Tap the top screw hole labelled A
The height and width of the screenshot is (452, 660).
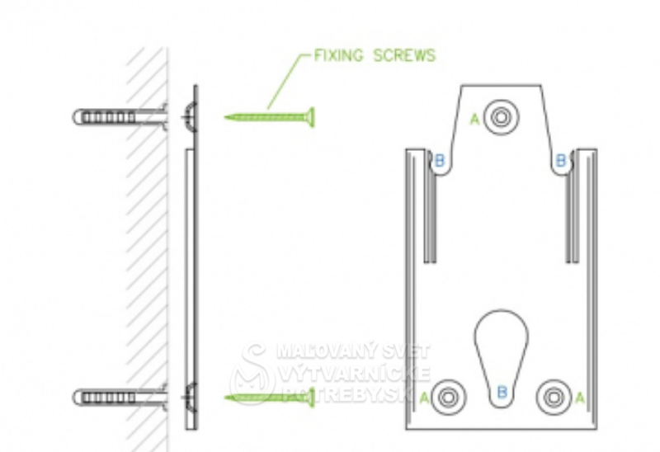pyautogui.click(x=500, y=117)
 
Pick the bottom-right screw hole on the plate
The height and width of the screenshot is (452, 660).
pyautogui.click(x=552, y=397)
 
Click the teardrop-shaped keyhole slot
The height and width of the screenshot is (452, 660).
pyautogui.click(x=501, y=346)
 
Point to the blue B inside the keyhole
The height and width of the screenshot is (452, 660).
pyautogui.click(x=501, y=391)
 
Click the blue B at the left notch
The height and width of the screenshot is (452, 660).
pyautogui.click(x=439, y=160)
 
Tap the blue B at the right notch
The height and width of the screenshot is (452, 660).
pyautogui.click(x=561, y=160)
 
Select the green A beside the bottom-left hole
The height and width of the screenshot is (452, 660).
pyautogui.click(x=424, y=398)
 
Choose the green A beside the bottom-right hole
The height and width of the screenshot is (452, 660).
pyautogui.click(x=579, y=398)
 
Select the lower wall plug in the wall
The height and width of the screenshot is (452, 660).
pyautogui.click(x=107, y=398)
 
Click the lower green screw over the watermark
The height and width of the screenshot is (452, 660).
pyautogui.click(x=268, y=398)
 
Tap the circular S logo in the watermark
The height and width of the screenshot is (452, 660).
pyautogui.click(x=251, y=375)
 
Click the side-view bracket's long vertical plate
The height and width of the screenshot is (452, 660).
pyautogui.click(x=191, y=280)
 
